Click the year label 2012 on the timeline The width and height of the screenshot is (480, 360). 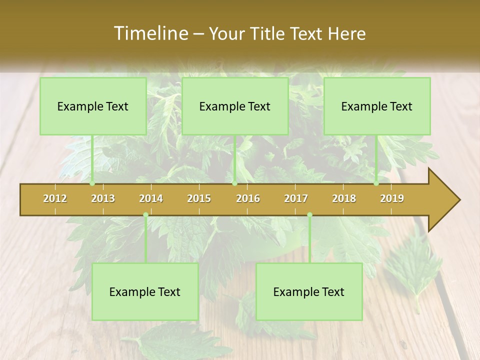pos(55,198)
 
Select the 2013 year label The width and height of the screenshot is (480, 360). pos(103,198)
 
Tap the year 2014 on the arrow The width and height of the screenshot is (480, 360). pos(151,198)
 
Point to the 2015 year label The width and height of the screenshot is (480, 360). pos(199,198)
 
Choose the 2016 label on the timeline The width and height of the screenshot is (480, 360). pos(248,198)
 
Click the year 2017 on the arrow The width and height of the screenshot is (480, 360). pos(296,198)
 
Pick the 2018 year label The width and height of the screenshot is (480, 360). pos(344,198)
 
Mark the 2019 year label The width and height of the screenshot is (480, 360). pos(392,198)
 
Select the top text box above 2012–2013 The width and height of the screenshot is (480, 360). pos(93,106)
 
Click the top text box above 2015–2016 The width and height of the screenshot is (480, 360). pos(235,106)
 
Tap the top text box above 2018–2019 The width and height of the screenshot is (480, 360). pos(377,106)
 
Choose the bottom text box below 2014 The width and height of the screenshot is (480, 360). pos(145,291)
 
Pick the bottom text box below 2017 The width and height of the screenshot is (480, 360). pos(309,291)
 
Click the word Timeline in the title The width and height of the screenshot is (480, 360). pos(150,33)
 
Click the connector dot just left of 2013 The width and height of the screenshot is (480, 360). pos(92,183)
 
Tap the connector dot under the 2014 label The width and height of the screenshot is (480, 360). pos(145,215)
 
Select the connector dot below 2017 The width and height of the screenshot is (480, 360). pos(309,215)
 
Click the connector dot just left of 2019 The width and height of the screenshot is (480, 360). pos(376,183)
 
